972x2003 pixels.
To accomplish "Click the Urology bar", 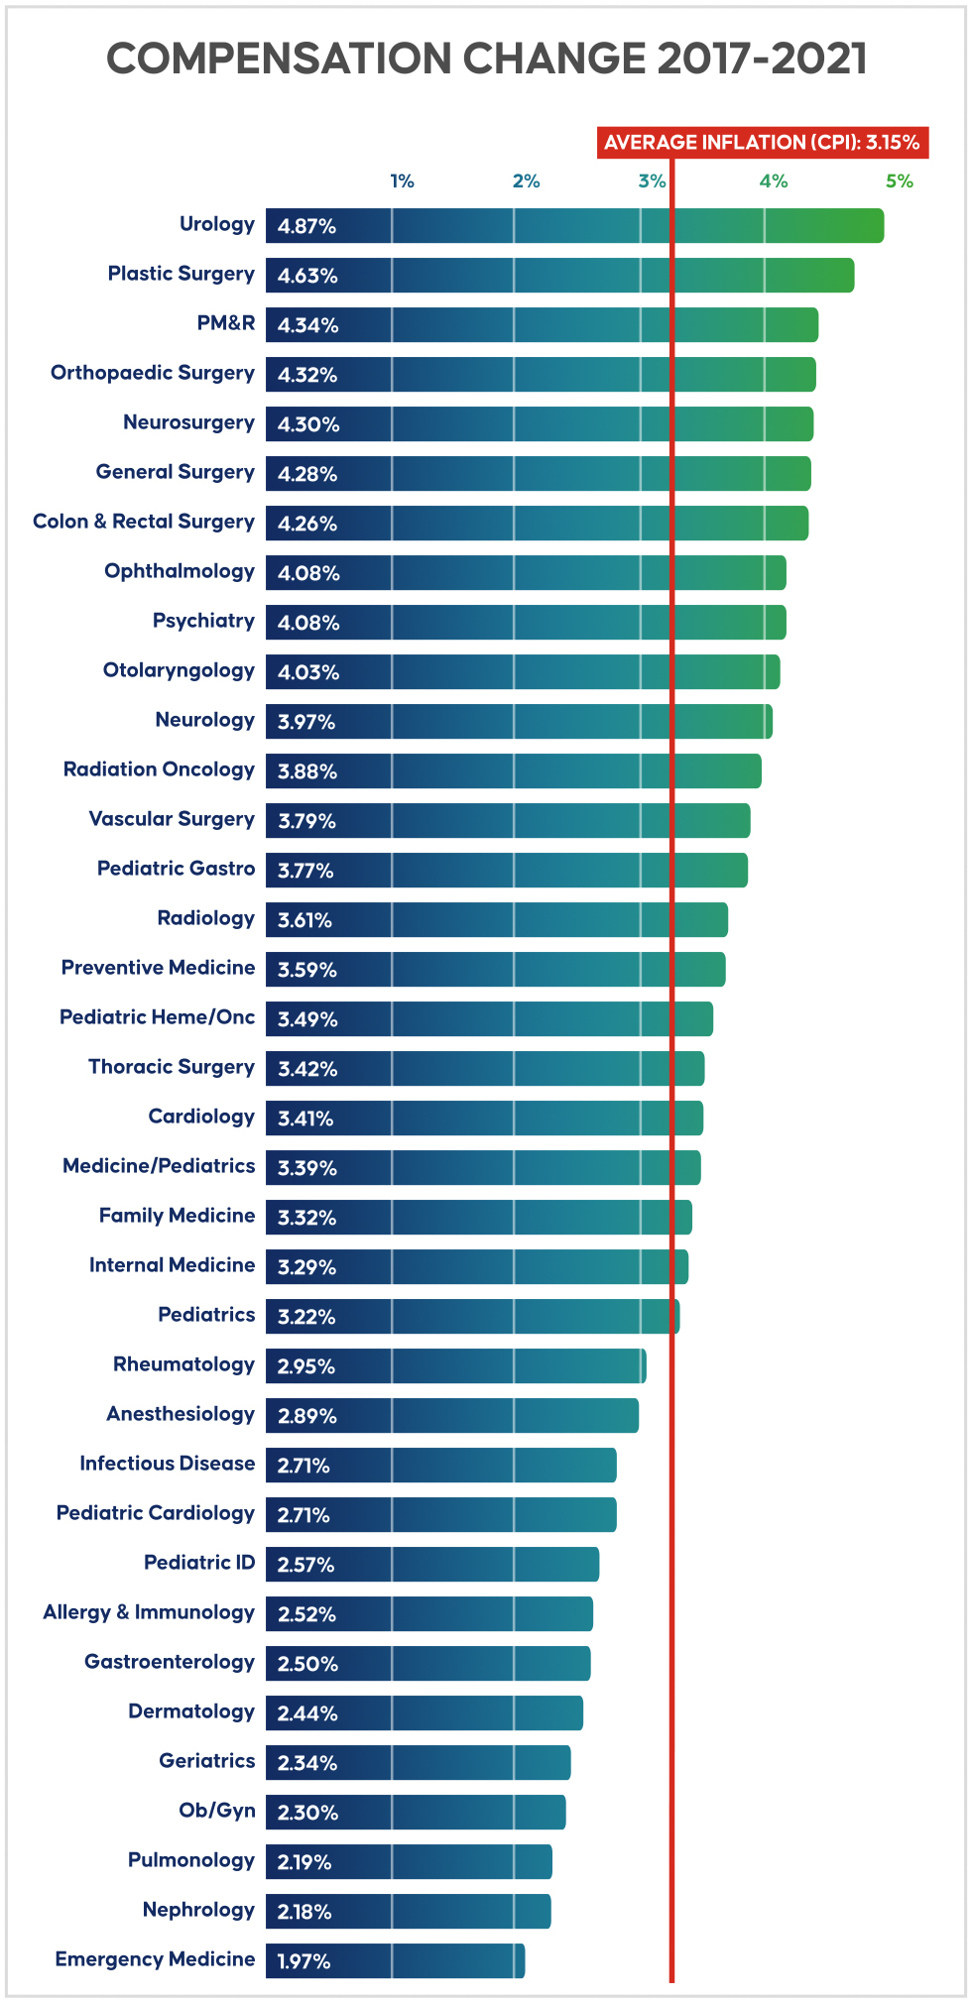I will click(x=575, y=226).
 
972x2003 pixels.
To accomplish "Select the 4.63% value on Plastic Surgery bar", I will click(x=307, y=276).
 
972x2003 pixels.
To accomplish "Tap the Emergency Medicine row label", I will click(x=155, y=1959).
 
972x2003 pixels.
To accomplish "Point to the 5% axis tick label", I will click(x=899, y=181).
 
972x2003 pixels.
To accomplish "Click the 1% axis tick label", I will click(x=402, y=181).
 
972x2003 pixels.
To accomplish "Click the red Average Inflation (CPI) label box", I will click(x=762, y=142).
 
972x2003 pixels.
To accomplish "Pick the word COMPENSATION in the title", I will click(x=279, y=59).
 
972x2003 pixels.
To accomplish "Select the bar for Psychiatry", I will click(x=526, y=623).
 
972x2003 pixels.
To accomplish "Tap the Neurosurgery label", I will click(x=188, y=423).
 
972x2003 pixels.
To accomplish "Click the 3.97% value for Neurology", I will click(x=306, y=722).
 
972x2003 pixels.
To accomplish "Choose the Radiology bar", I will click(x=496, y=920).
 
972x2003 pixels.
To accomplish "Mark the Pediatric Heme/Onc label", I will click(x=157, y=1017).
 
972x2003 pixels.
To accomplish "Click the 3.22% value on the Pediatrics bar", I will click(x=306, y=1317).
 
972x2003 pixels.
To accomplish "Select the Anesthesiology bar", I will click(x=452, y=1416).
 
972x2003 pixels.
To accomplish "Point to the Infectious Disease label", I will click(x=167, y=1464).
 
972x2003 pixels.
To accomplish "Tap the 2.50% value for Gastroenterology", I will click(x=307, y=1664).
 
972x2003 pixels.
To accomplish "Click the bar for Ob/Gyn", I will click(x=416, y=1813).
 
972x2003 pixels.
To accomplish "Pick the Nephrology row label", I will click(x=198, y=1910).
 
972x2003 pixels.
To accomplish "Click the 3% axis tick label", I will click(x=652, y=181).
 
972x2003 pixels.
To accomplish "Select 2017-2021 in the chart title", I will click(x=762, y=59).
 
